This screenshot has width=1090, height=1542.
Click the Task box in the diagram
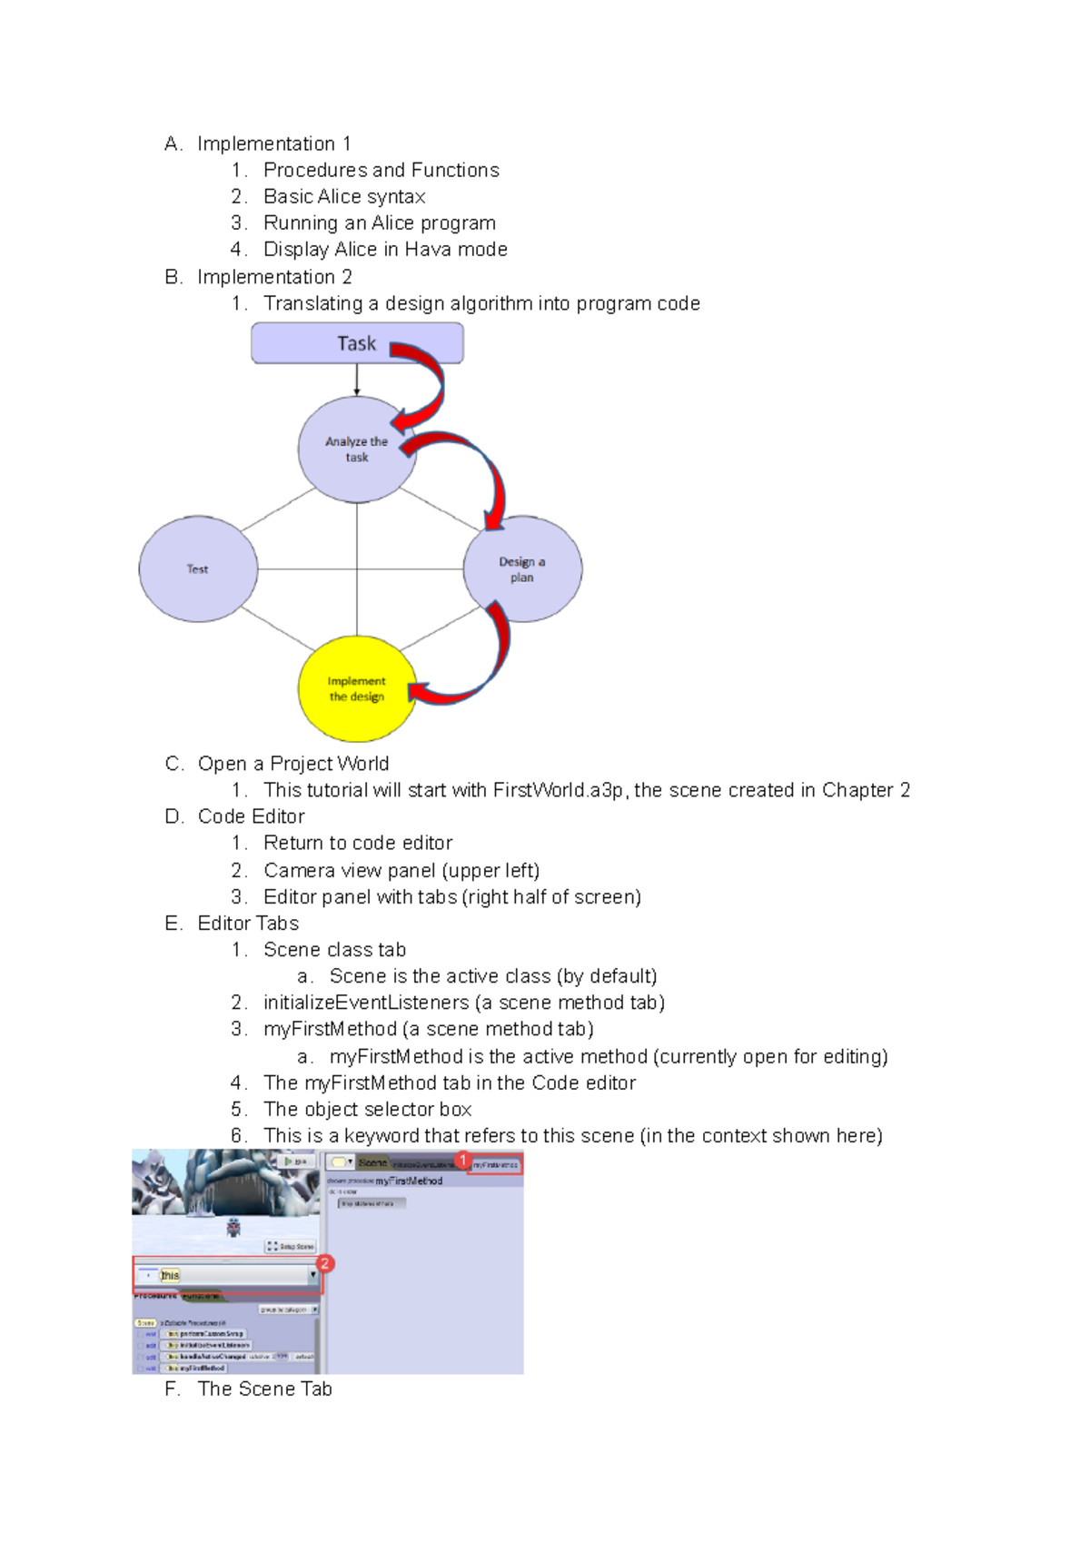pos(356,343)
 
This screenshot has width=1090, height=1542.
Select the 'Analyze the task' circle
pos(356,449)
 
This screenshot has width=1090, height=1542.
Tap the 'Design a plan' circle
pos(522,569)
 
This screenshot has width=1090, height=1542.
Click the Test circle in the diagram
pos(198,569)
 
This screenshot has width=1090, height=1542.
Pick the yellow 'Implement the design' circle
pos(356,688)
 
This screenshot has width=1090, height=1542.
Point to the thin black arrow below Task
pos(357,380)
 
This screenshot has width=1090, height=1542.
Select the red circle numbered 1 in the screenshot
pos(463,1160)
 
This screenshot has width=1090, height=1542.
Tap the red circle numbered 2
pos(324,1263)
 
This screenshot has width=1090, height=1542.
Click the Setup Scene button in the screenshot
pos(291,1246)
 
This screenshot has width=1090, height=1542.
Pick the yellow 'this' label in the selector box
pos(170,1275)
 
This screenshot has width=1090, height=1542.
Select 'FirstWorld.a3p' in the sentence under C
pos(558,790)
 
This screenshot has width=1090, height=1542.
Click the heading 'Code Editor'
pos(251,816)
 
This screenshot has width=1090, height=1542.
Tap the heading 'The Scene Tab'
pos(264,1389)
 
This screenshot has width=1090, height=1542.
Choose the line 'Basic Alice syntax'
pos(344,196)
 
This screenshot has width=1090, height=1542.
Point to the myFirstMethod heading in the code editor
pos(409,1181)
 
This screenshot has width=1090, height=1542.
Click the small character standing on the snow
pos(233,1227)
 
